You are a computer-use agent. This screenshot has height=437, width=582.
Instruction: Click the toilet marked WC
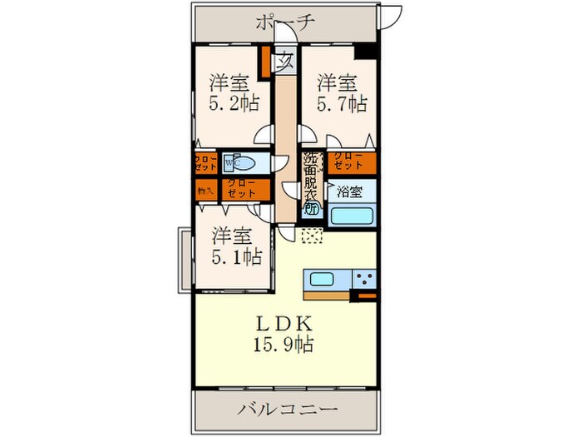click(x=244, y=162)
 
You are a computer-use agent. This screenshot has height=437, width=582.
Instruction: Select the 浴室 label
click(x=349, y=191)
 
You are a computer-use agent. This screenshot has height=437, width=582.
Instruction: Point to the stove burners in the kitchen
click(x=363, y=279)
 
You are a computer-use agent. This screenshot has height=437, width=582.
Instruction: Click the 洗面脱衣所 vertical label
click(x=311, y=183)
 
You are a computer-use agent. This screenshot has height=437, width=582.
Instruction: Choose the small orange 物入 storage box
click(x=205, y=191)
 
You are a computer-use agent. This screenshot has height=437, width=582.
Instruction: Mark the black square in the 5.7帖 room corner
click(x=363, y=52)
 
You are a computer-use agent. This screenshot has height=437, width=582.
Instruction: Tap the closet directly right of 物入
click(x=244, y=191)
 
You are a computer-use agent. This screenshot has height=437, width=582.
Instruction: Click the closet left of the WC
click(x=205, y=162)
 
